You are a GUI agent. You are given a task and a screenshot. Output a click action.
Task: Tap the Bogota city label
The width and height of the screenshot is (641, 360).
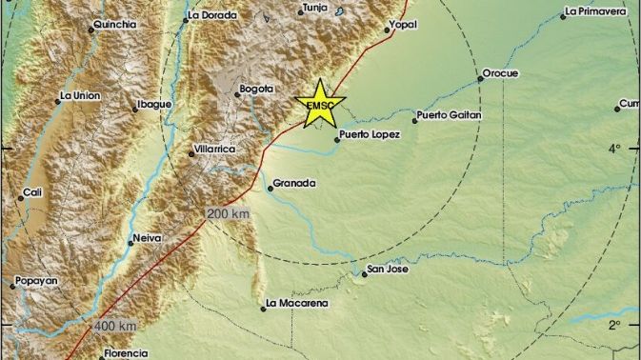(x=257, y=89)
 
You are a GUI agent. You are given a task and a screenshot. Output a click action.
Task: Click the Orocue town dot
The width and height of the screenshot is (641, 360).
(x=481, y=79)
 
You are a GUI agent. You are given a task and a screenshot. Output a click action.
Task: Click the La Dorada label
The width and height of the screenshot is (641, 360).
(x=208, y=15)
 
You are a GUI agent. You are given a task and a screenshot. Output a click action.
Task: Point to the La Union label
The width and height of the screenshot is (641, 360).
(x=80, y=95)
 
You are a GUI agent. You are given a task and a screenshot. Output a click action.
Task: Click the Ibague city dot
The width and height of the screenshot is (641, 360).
(x=135, y=110)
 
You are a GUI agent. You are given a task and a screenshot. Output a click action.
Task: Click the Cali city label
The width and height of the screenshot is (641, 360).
(x=34, y=193)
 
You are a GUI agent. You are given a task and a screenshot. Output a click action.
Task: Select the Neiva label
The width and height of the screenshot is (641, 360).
(x=146, y=238)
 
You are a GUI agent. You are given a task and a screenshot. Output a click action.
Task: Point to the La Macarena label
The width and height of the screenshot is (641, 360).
(x=298, y=304)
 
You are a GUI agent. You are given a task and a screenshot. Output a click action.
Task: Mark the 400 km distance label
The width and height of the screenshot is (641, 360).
(x=113, y=327)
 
